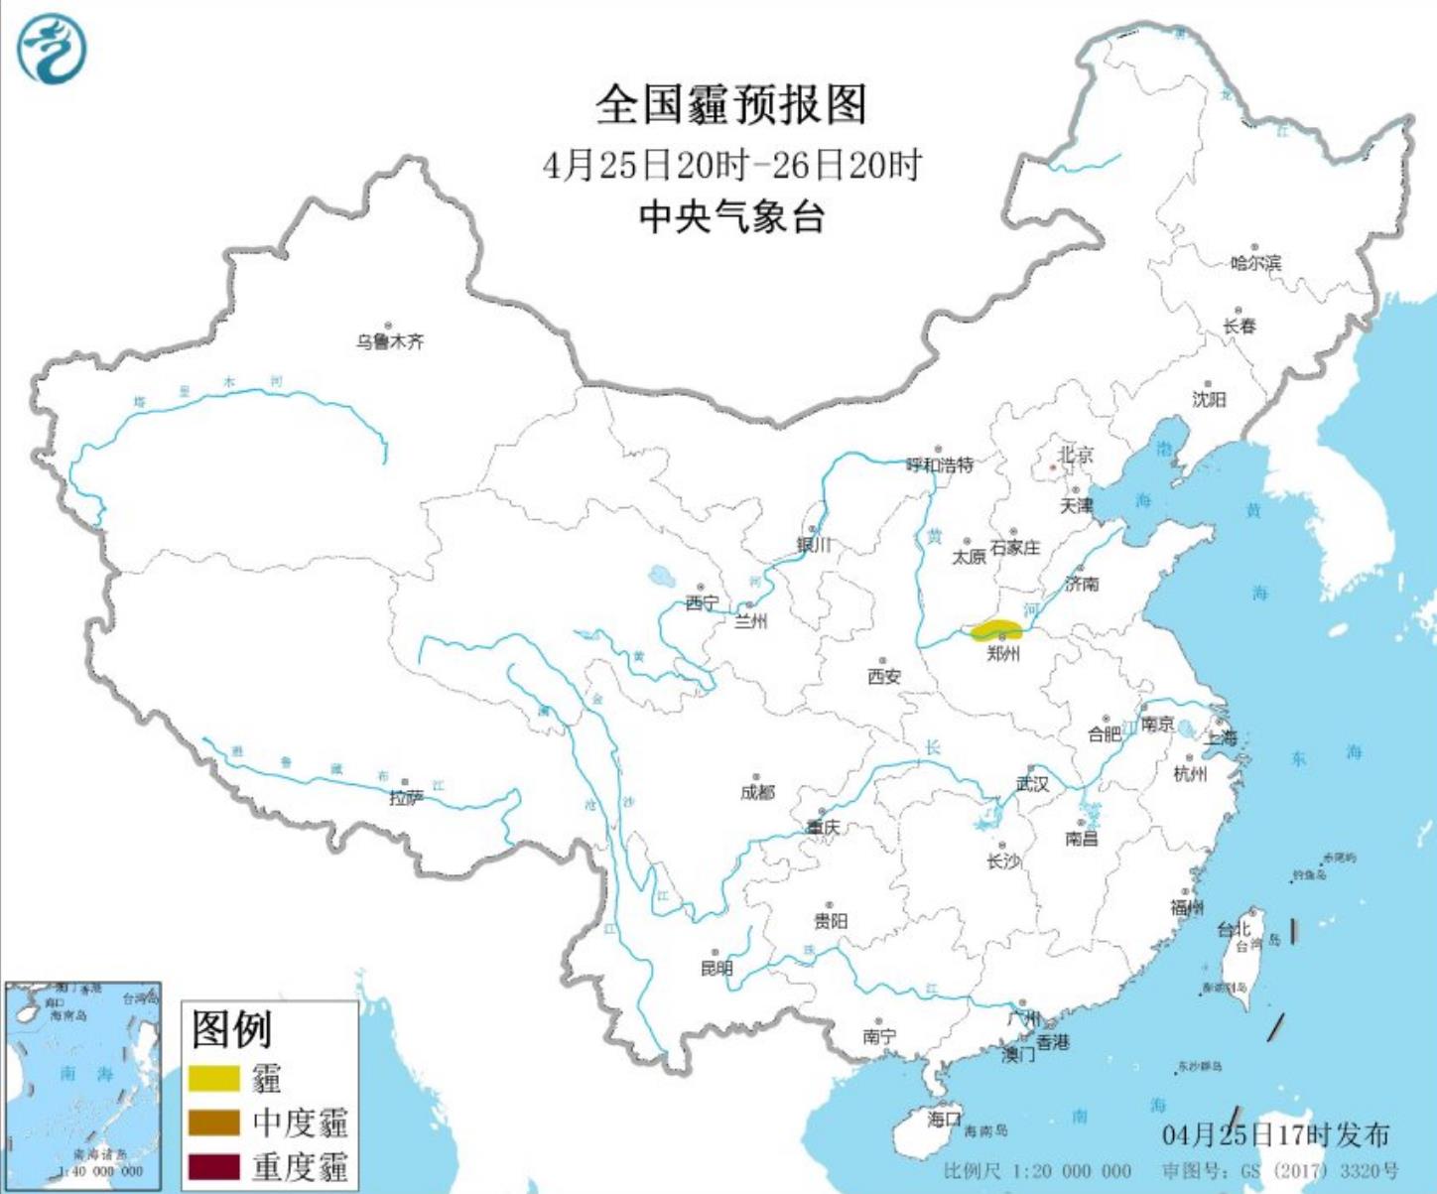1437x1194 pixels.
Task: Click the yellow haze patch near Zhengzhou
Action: [997, 630]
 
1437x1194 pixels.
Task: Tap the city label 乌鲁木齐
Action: [390, 341]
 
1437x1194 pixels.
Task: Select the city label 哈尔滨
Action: [1255, 263]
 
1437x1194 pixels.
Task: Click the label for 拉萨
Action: [406, 798]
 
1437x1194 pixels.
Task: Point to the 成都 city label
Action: [757, 792]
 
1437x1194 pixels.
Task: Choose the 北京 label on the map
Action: [1075, 455]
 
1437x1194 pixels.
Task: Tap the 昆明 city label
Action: [717, 968]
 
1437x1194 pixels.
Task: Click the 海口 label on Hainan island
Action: [944, 1119]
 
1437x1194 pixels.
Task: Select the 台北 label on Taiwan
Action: [1234, 929]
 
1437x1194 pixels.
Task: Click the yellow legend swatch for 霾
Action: [214, 1078]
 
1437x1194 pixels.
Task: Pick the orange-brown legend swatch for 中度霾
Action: [214, 1123]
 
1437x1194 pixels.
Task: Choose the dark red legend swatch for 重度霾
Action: [214, 1166]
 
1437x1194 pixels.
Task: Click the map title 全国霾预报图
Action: [731, 105]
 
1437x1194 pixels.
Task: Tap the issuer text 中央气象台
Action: [731, 216]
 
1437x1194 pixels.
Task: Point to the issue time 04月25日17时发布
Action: [1275, 1134]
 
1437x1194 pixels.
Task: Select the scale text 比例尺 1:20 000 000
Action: [1037, 1171]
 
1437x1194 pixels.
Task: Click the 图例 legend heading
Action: [231, 1029]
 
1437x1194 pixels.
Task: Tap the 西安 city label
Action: [883, 677]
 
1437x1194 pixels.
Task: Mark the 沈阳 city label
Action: [1209, 399]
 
